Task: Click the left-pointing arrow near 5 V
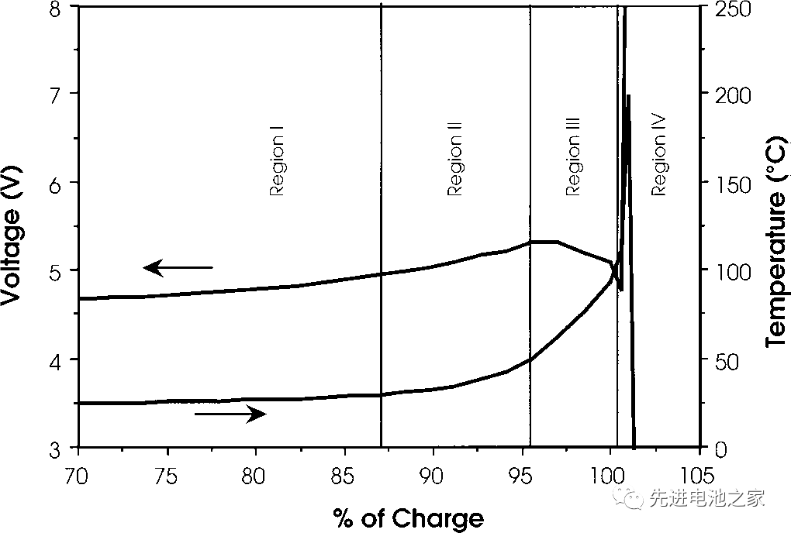pyautogui.click(x=178, y=268)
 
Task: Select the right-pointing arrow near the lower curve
pyautogui.click(x=230, y=414)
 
